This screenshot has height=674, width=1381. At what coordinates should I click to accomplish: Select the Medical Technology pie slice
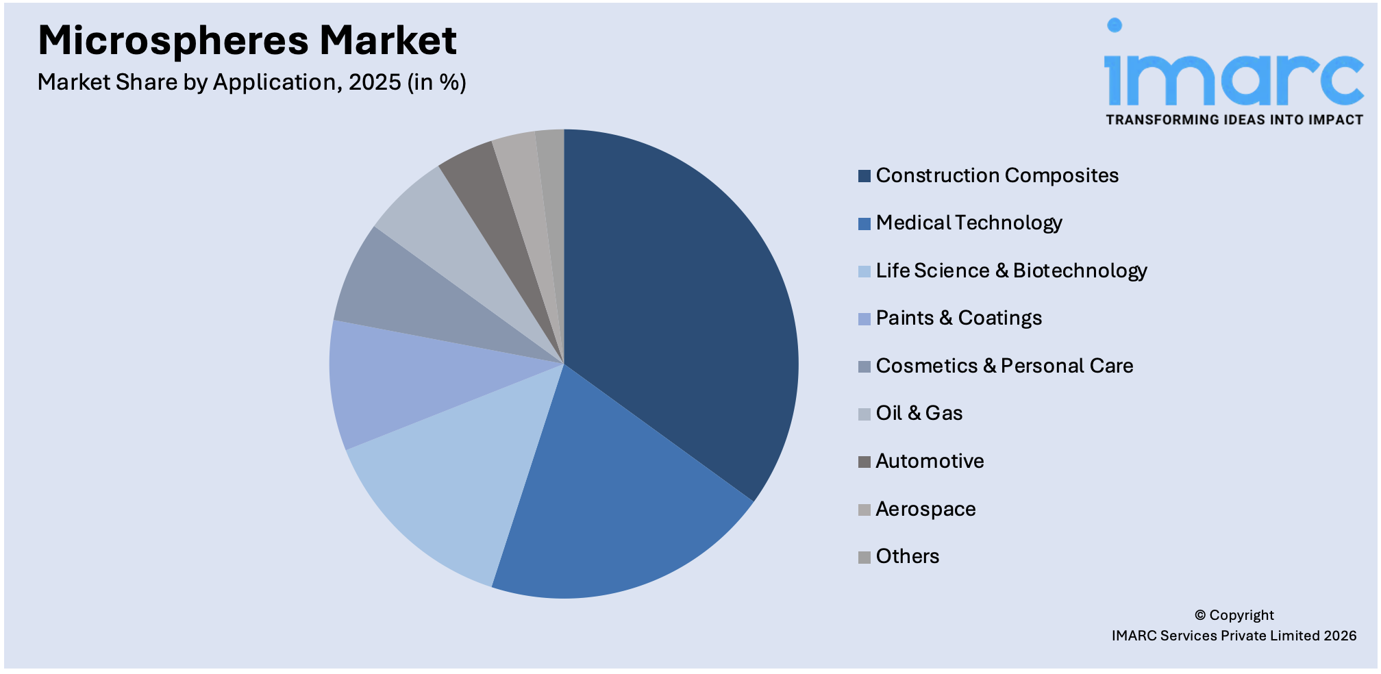click(x=617, y=507)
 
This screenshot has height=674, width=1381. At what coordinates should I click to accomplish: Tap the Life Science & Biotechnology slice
click(x=466, y=479)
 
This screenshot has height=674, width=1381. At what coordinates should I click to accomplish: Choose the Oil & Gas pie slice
click(x=452, y=233)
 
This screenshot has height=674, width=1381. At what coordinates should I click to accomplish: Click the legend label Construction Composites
click(x=997, y=175)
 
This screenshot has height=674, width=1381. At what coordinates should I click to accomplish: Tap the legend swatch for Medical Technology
click(x=864, y=223)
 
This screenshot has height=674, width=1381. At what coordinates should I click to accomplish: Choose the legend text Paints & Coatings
click(x=958, y=318)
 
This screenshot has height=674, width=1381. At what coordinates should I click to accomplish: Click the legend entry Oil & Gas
click(x=919, y=413)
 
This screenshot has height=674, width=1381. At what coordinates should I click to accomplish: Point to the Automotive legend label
click(x=930, y=461)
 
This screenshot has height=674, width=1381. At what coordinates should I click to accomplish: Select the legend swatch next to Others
click(x=864, y=557)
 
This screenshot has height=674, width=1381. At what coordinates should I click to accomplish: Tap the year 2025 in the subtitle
click(x=375, y=82)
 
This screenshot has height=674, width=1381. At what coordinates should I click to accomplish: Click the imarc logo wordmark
click(x=1233, y=75)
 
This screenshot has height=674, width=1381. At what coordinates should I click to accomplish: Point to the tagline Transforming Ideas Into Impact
click(x=1234, y=120)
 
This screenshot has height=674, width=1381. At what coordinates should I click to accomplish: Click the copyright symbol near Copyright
click(x=1200, y=615)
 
